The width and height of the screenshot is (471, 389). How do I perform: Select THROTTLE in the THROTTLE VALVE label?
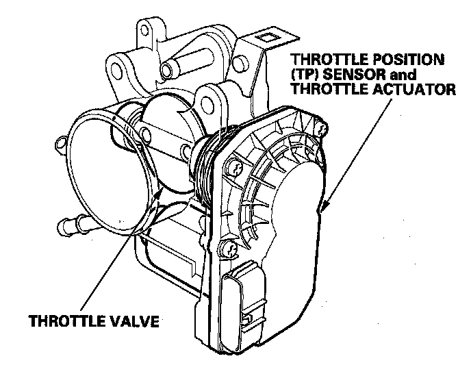pos(64,320)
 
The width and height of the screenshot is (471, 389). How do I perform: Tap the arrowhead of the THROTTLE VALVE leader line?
pos(161,194)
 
